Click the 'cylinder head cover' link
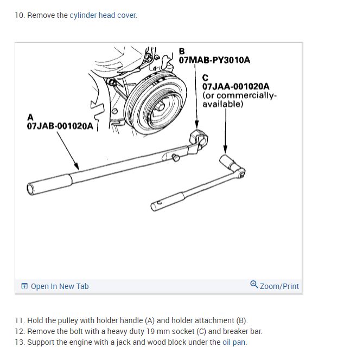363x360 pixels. click(103, 15)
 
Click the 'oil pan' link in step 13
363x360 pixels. click(234, 342)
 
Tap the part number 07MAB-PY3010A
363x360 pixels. click(214, 60)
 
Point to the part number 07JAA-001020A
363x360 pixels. click(235, 86)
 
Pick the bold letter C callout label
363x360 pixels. click(206, 78)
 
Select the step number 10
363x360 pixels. click(20, 15)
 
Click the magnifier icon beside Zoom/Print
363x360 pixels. click(254, 285)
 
